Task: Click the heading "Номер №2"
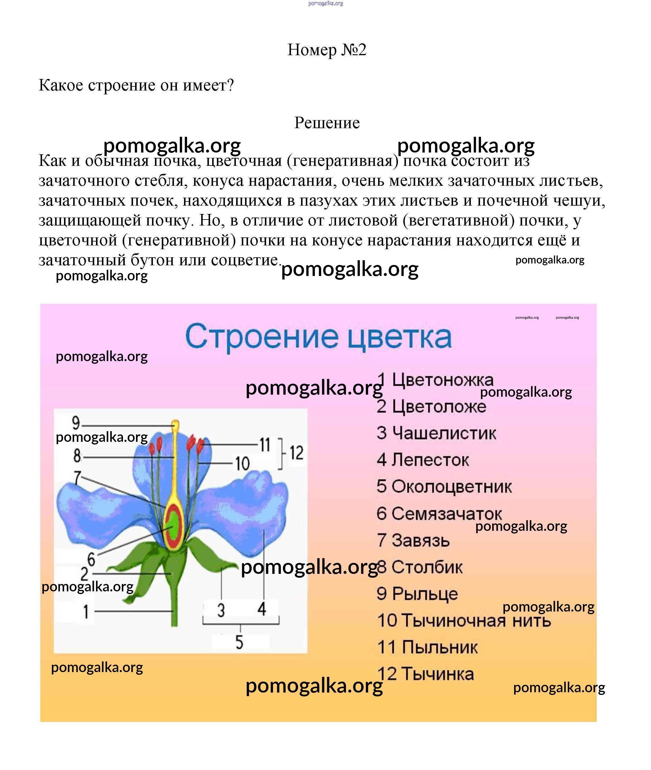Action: [x=326, y=50]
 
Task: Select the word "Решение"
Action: [x=327, y=123]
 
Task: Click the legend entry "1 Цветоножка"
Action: [x=436, y=380]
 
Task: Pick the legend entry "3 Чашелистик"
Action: [x=436, y=433]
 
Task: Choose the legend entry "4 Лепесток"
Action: [x=423, y=460]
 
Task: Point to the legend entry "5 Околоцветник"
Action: [x=444, y=487]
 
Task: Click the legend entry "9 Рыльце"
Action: [x=417, y=594]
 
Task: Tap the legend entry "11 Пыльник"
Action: [x=427, y=647]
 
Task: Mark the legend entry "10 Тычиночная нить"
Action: [x=464, y=620]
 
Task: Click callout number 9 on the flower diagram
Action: [x=76, y=423]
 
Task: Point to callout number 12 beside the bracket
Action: [x=296, y=453]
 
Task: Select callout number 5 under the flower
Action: [x=239, y=642]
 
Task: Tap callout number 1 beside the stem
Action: [x=86, y=612]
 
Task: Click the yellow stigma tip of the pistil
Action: [x=176, y=425]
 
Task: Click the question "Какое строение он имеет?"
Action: [x=136, y=85]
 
